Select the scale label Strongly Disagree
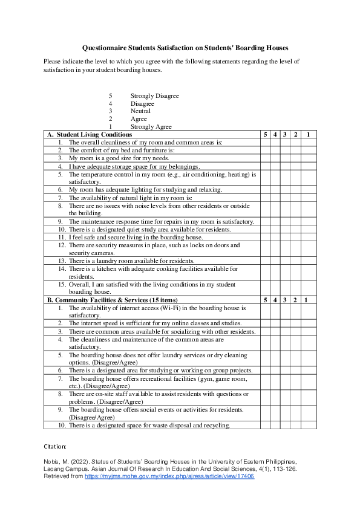(154, 96)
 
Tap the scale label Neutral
(140, 111)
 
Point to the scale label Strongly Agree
(151, 127)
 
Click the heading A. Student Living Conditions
(90, 134)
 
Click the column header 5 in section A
(265, 134)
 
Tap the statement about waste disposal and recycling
(149, 425)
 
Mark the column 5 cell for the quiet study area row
(265, 229)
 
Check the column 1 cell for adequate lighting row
(308, 189)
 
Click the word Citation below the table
(56, 446)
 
